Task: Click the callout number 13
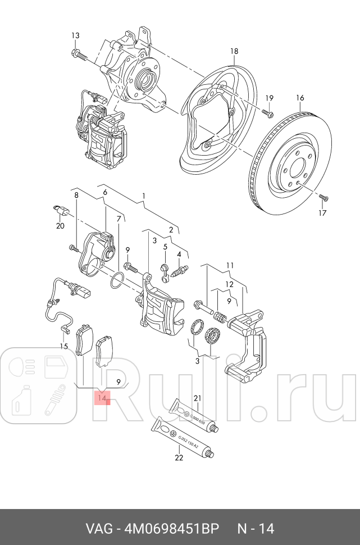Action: point(75,36)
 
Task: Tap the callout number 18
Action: point(234,52)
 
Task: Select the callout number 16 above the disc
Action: point(300,98)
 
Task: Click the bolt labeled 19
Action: point(266,115)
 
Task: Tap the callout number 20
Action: point(60,226)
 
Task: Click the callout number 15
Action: point(64,347)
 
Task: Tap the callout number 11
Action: point(230,265)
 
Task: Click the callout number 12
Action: point(230,284)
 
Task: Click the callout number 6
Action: point(104,192)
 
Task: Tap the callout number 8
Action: point(76,194)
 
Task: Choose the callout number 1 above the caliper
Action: point(143,196)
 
